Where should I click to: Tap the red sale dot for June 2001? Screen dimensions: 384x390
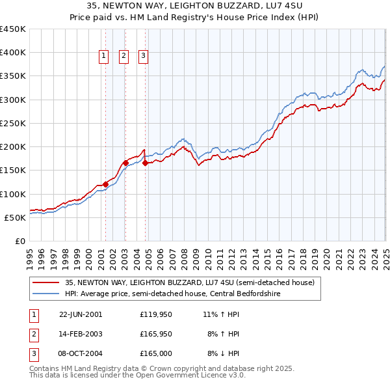(x=105, y=184)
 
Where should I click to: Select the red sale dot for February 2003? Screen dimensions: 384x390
(x=125, y=163)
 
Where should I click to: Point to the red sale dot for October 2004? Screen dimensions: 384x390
(x=145, y=163)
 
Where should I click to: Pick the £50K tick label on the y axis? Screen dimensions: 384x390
(x=16, y=217)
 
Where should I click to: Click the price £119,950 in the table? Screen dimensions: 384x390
(x=155, y=314)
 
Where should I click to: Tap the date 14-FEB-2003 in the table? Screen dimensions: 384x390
(x=81, y=334)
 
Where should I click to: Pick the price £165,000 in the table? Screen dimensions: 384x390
(x=155, y=354)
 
